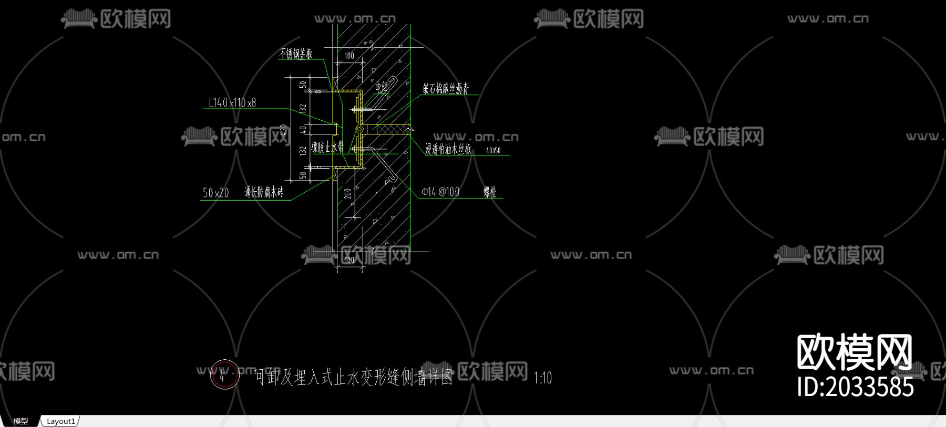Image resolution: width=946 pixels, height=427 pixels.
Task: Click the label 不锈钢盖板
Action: tap(295, 54)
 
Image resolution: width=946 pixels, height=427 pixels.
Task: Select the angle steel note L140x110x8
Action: tap(232, 103)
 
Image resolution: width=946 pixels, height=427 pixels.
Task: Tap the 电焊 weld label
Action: tap(382, 87)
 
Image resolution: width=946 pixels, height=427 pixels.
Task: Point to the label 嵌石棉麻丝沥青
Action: tap(446, 89)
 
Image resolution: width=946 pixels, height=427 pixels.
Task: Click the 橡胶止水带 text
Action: tap(327, 147)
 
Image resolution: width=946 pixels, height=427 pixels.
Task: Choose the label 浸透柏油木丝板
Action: tap(448, 150)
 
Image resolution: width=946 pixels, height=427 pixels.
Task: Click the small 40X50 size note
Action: tap(493, 151)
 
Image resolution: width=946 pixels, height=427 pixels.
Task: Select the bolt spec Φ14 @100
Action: tap(440, 192)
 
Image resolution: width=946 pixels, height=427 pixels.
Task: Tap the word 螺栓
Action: tap(490, 192)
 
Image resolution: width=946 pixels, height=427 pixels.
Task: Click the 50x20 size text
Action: tap(215, 193)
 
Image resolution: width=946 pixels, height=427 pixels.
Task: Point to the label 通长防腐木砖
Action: tap(264, 193)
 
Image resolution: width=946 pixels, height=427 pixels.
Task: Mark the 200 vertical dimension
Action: tap(348, 193)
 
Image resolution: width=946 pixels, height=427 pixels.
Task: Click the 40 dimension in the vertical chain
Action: tap(303, 129)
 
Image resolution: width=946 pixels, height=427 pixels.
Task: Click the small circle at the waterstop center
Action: tap(359, 129)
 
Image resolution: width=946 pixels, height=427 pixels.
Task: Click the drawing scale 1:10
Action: tap(543, 378)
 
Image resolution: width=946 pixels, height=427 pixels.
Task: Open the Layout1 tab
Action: tap(61, 421)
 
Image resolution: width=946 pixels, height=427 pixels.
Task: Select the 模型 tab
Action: tap(20, 421)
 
